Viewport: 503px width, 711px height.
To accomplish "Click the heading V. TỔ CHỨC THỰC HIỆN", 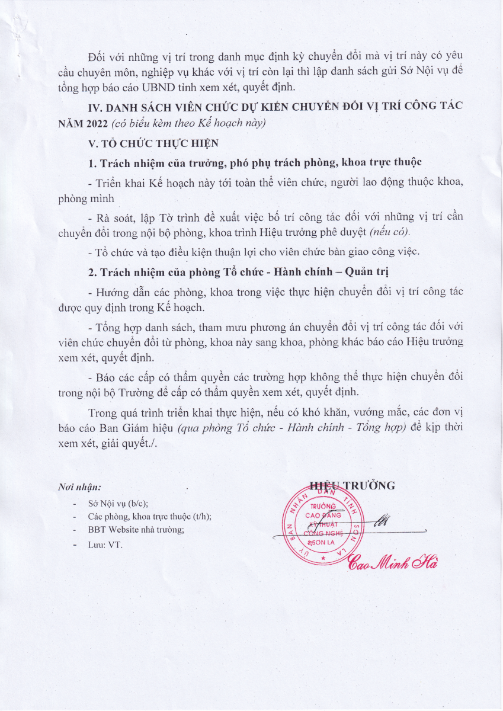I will tap(152, 143).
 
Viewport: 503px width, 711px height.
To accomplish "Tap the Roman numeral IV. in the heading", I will tap(95, 107).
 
